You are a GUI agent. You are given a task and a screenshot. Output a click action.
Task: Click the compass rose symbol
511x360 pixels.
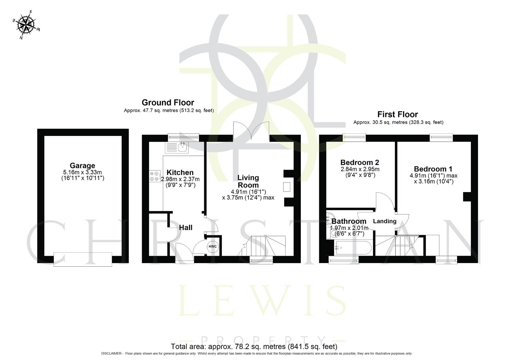tap(26, 25)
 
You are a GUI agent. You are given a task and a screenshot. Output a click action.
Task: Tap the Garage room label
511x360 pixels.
tap(82, 166)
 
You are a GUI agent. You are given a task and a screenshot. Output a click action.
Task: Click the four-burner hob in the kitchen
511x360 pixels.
tap(154, 176)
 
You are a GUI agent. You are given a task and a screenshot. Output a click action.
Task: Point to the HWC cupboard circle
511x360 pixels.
tap(212, 247)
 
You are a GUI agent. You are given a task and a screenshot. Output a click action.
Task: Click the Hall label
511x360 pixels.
tap(186, 228)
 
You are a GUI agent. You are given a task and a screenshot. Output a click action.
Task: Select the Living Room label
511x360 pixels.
tap(248, 181)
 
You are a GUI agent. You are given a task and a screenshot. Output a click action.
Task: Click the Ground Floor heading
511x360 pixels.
tap(168, 103)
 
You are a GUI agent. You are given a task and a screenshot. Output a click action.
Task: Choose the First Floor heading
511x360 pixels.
tap(398, 115)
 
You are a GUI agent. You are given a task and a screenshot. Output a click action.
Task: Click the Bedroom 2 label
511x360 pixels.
tap(360, 163)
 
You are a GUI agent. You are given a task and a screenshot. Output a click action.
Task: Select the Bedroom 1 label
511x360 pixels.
tap(433, 169)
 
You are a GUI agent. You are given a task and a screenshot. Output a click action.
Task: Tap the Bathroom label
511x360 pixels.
tap(349, 221)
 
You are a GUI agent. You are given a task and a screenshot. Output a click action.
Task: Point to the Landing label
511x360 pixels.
tap(385, 221)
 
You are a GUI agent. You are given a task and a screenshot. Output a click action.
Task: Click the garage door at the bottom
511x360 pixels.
tap(83, 259)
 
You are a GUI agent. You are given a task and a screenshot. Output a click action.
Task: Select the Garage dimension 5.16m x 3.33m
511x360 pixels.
tap(82, 172)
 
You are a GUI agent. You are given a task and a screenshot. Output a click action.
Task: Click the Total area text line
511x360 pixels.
tap(254, 346)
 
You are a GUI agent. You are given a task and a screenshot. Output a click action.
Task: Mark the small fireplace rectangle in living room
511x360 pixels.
tap(287, 187)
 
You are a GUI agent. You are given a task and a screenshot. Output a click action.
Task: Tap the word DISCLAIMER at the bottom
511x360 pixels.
tap(112, 354)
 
